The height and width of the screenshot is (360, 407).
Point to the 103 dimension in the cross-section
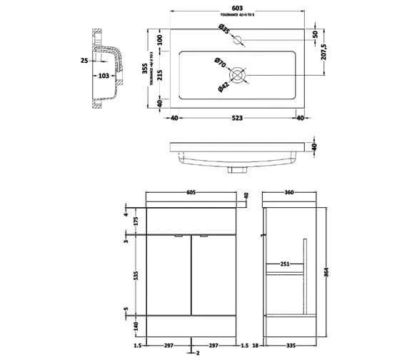tap(102, 74)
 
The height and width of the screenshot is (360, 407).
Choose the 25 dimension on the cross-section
tap(84, 61)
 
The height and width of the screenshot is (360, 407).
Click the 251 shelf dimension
tap(285, 264)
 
